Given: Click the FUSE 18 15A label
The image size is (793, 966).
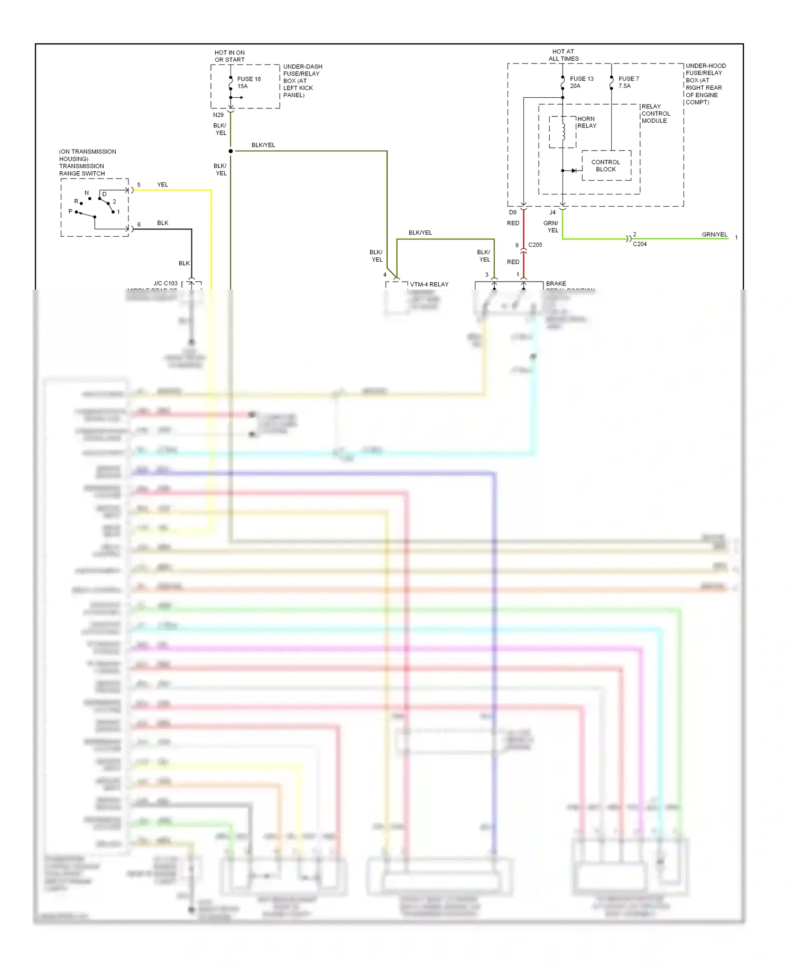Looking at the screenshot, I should pos(248,82).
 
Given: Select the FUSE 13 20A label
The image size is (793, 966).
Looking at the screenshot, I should pos(581,82).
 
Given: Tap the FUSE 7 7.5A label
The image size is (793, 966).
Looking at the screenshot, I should pos(628,82).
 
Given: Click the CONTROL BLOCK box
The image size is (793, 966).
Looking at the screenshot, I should pos(606,165).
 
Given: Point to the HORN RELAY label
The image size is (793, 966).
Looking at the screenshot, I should pos(586,122).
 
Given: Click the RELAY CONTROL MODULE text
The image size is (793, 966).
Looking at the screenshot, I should pos(656,114).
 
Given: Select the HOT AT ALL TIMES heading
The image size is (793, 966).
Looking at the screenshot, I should pos(563,55).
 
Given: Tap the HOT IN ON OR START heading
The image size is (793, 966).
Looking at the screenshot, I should pos(229,56).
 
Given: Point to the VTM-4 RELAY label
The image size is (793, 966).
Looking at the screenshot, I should pos(429,284).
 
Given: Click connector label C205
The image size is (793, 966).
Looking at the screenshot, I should pos(535,245).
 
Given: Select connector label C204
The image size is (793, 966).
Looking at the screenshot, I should pos(640,244).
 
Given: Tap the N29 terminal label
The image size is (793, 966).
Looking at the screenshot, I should pos(218,115).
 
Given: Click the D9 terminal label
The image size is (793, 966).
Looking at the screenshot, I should pos(512,212).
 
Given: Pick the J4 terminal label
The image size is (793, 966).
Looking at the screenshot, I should pos(552,212).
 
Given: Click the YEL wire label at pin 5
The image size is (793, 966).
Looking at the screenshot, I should pos(162,184).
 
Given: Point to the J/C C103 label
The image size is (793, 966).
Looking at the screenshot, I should pos(165,283).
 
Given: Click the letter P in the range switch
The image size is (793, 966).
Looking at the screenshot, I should pos(70,211).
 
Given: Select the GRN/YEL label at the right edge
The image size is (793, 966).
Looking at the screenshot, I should pos(714,234).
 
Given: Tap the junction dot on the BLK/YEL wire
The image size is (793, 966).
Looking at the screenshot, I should pos(230,151).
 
